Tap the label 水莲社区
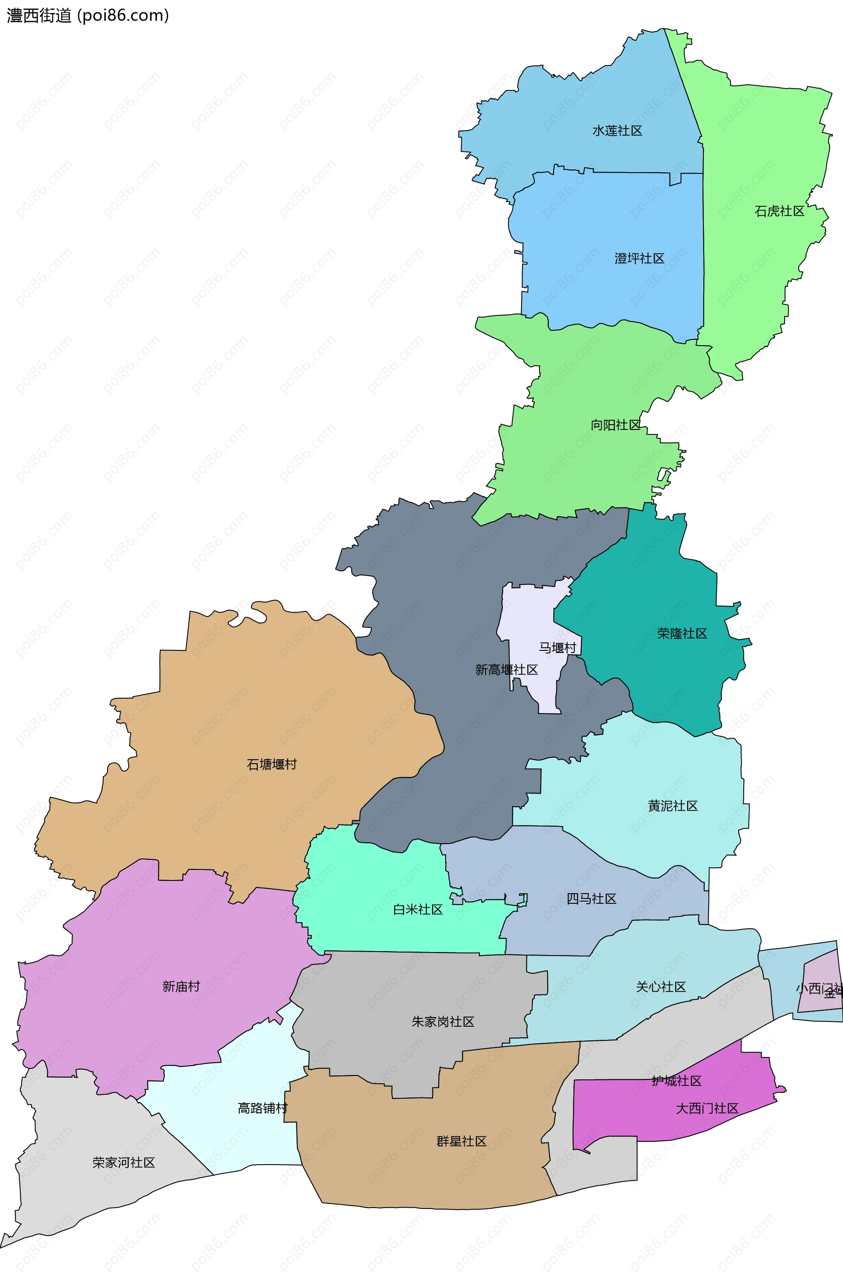click(617, 131)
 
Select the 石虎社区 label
click(779, 211)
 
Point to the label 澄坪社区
click(639, 259)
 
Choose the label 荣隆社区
click(682, 633)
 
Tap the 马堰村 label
click(557, 648)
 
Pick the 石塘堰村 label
click(271, 765)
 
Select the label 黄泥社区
click(673, 806)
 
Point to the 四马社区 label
click(591, 898)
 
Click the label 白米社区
click(418, 909)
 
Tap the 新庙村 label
click(181, 986)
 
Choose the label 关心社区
click(661, 987)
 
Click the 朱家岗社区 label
click(443, 1021)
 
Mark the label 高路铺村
click(263, 1108)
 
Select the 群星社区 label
click(461, 1141)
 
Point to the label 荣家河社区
click(124, 1162)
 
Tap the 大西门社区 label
click(707, 1108)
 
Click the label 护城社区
click(676, 1081)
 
